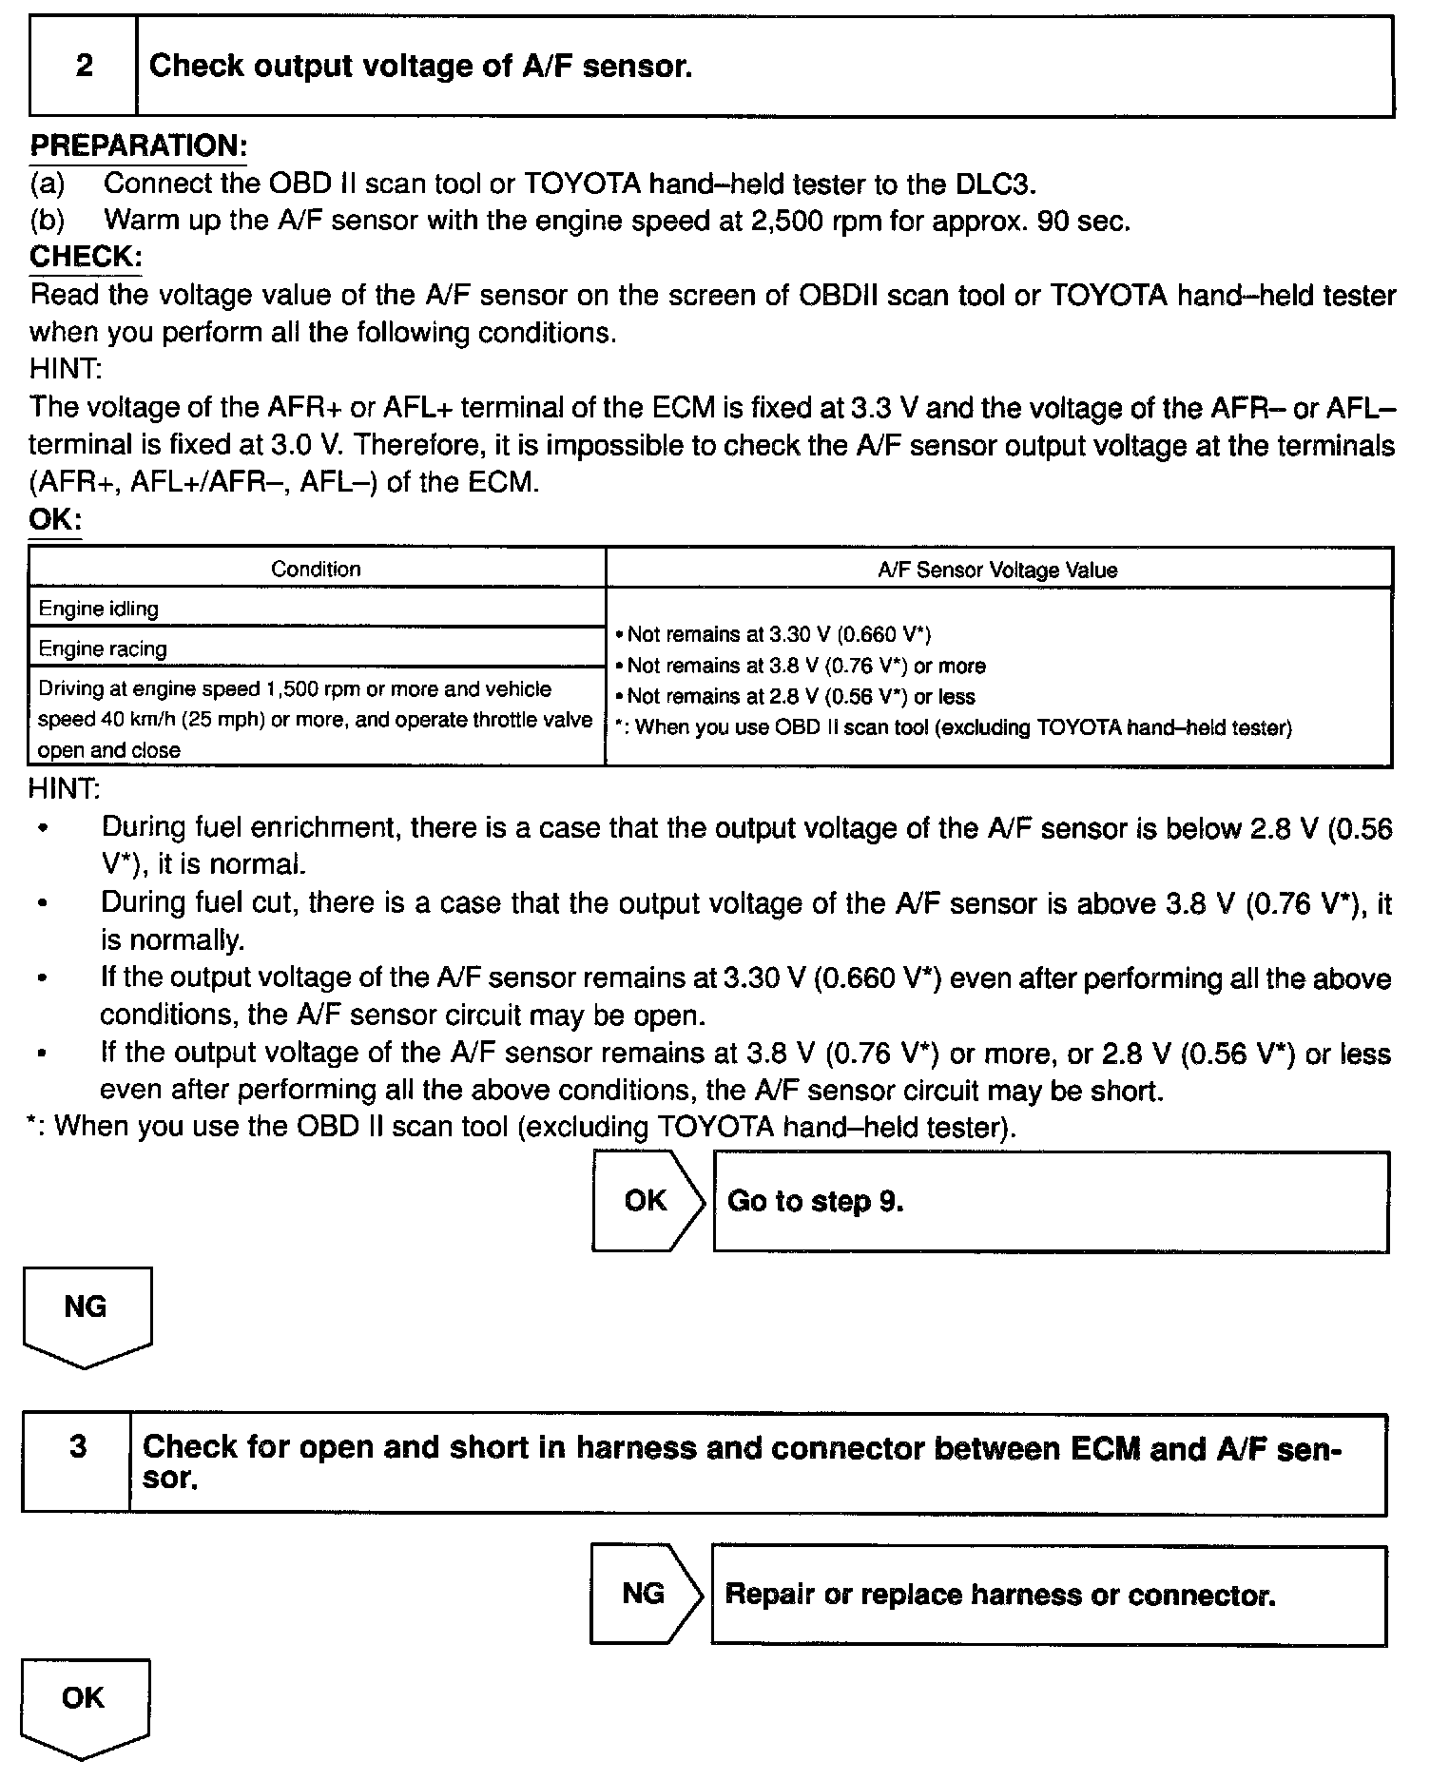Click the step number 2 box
click(84, 67)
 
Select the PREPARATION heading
click(139, 145)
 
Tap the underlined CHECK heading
click(86, 257)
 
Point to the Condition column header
click(316, 569)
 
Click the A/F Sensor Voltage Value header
click(997, 570)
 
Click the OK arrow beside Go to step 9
click(647, 1201)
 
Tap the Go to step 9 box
click(1050, 1202)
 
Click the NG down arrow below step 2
click(86, 1314)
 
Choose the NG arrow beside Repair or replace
click(645, 1594)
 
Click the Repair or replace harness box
click(1048, 1595)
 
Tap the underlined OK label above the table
click(55, 520)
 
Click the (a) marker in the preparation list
click(48, 184)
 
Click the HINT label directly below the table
click(65, 788)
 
